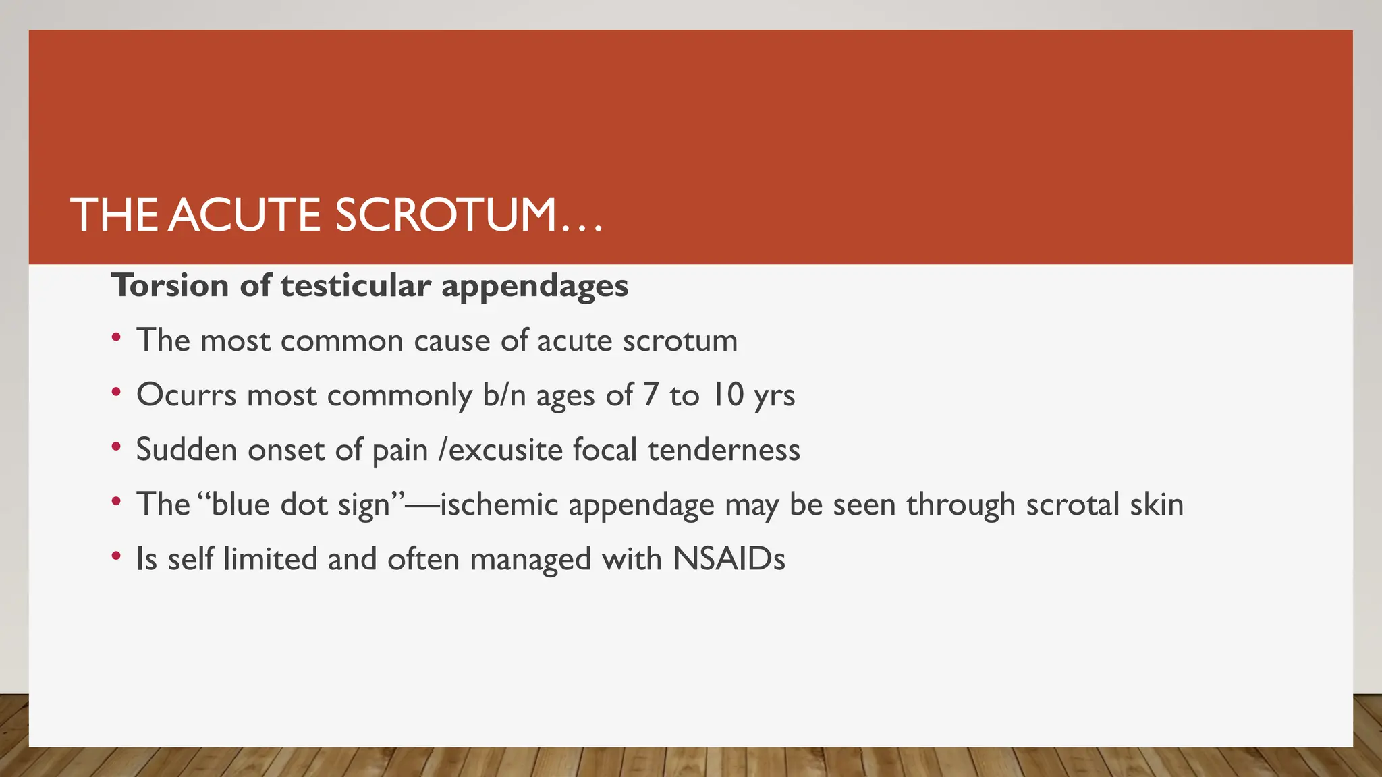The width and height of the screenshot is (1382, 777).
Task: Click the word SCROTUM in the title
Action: [x=447, y=216]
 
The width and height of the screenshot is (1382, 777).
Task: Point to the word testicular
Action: [x=356, y=285]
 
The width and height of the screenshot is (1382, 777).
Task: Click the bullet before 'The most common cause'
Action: [x=117, y=337]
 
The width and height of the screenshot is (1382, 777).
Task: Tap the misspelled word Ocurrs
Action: [x=186, y=395]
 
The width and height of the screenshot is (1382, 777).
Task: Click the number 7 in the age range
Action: [x=651, y=395]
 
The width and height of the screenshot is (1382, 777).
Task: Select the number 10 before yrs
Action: [x=727, y=395]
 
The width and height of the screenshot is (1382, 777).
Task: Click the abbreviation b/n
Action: [x=504, y=395]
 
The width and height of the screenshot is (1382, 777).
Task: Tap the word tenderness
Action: [x=723, y=450]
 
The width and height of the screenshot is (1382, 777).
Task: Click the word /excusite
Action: [x=500, y=450]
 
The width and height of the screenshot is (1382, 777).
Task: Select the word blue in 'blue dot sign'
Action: [x=240, y=505]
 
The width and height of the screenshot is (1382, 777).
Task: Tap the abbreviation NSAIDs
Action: [x=729, y=559]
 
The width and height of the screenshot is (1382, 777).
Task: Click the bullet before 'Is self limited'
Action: [x=117, y=556]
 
